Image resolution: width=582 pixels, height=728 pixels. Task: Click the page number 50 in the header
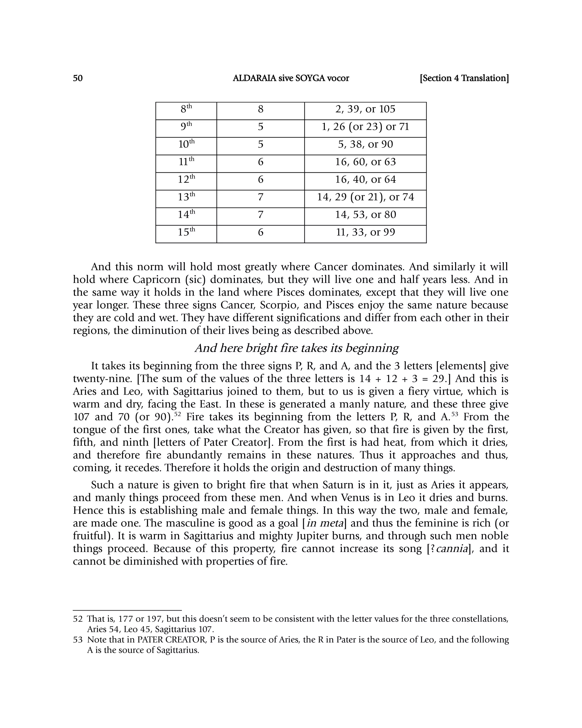pos(78,78)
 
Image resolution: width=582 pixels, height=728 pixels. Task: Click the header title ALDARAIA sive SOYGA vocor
pos(291,78)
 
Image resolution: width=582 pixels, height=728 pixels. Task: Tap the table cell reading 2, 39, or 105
pos(365,109)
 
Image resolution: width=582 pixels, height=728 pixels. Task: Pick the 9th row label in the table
pos(186,127)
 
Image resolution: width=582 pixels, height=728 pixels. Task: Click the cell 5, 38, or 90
pos(365,144)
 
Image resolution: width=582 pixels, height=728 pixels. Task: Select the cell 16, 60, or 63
pos(365,162)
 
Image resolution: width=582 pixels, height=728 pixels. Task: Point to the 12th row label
pos(186,179)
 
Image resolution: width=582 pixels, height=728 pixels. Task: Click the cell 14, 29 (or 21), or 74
pos(365,197)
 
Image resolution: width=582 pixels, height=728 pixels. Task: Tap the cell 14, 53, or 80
pos(365,215)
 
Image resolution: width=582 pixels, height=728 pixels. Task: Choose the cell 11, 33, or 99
pos(365,232)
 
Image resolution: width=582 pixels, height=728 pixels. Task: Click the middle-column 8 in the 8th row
pos(261,109)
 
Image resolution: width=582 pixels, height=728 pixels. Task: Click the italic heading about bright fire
pos(297,348)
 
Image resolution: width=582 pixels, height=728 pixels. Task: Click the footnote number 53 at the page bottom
pos(78,640)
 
